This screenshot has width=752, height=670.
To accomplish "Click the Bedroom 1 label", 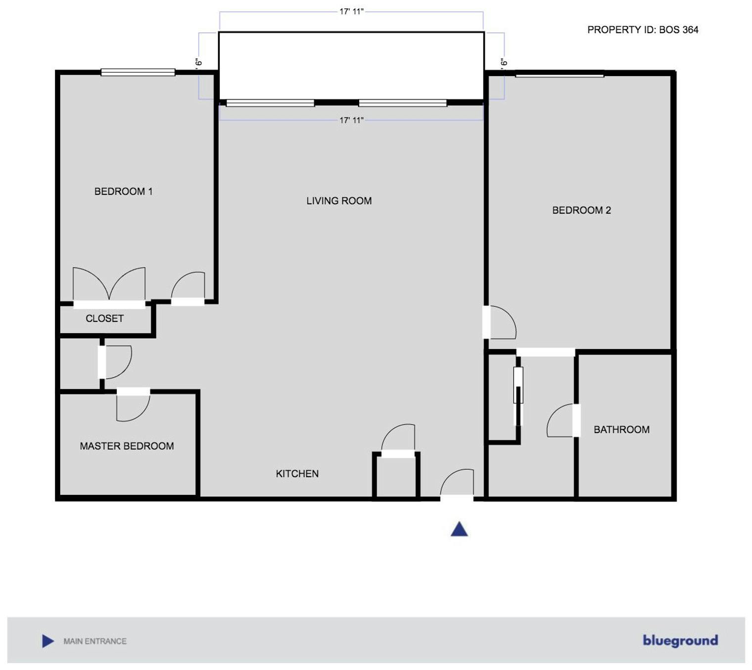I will click(x=123, y=191).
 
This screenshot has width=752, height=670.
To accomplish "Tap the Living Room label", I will click(x=339, y=201).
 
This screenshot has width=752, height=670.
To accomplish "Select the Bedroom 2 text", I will click(x=581, y=210).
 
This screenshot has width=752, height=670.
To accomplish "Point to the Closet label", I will click(x=104, y=318).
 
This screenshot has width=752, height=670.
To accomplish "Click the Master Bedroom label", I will click(x=127, y=446).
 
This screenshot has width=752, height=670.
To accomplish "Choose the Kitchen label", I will click(x=297, y=474).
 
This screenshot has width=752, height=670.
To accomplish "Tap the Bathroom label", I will click(x=621, y=430).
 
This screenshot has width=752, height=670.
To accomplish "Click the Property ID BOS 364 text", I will click(x=643, y=30).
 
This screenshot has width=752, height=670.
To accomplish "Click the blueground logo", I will click(x=680, y=641).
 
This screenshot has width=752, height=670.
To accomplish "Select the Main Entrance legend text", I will click(x=95, y=641).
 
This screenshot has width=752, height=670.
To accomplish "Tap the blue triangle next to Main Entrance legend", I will click(x=48, y=641).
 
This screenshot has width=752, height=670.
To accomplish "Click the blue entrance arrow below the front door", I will click(x=459, y=530).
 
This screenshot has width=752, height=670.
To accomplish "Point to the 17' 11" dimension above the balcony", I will click(x=351, y=11).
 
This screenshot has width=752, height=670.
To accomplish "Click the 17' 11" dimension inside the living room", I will click(x=351, y=120).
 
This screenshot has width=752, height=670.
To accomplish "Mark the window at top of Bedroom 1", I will click(x=138, y=72).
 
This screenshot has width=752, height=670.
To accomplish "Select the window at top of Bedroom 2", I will click(x=560, y=75).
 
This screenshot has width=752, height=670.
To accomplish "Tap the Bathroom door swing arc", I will click(x=560, y=420).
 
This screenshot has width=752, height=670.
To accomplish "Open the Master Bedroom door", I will click(x=133, y=405).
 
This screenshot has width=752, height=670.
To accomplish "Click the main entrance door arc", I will click(x=457, y=482).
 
